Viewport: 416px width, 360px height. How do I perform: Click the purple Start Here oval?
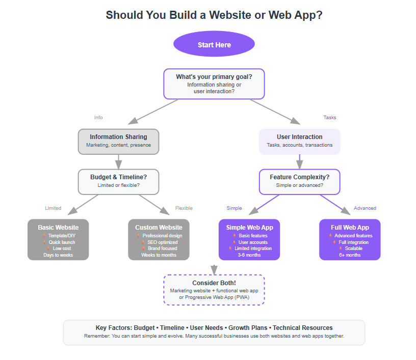tap(214, 45)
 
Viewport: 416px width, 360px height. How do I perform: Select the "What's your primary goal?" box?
tap(214, 84)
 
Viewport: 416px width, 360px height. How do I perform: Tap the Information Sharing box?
tap(118, 141)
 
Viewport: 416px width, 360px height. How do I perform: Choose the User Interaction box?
tap(299, 141)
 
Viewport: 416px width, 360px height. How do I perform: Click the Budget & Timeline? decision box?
tap(118, 181)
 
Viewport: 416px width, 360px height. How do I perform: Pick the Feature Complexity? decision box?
tap(299, 181)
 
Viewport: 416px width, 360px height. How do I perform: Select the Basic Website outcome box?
tap(58, 239)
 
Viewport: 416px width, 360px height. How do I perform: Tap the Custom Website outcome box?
tap(159, 239)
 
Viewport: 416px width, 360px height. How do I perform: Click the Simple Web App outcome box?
tap(249, 239)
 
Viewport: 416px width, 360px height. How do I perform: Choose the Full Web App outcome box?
tap(350, 239)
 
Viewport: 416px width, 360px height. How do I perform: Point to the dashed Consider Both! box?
tap(214, 289)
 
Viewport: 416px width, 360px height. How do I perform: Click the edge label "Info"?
tap(98, 118)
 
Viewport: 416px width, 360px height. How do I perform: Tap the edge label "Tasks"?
tap(330, 118)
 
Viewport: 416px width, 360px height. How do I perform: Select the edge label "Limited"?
tap(53, 208)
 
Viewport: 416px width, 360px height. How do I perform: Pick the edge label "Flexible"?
tap(184, 208)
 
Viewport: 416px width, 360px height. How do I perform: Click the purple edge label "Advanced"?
tap(365, 208)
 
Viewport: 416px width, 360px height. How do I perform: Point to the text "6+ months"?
tap(350, 255)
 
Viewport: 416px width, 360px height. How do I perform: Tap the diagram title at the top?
tap(214, 15)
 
